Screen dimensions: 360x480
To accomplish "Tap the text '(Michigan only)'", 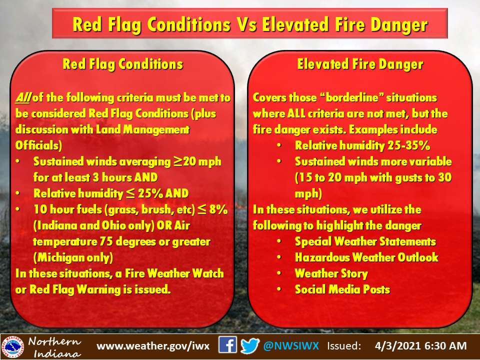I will (73, 257).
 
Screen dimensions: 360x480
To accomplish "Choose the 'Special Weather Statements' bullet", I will (365, 241).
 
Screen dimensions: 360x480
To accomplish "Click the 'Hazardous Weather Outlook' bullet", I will (366, 257).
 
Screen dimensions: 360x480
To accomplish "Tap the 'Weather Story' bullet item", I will (331, 273).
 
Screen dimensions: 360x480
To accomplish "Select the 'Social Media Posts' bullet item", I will (342, 289).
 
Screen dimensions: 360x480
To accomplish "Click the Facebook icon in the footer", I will (228, 346).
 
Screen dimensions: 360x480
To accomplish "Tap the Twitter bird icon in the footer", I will (250, 346).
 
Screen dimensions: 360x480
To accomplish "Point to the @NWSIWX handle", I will (292, 346).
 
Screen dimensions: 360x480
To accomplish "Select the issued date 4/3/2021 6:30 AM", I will (420, 346).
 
